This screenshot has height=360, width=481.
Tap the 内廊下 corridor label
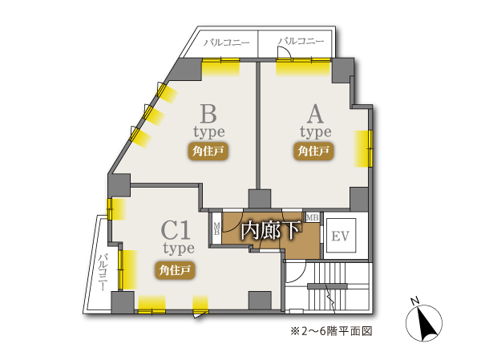point(270,231)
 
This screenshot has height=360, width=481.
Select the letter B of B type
point(209,111)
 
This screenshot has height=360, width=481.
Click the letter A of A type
point(315,111)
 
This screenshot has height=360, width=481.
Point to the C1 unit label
point(177,232)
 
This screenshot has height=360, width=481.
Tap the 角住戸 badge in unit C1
point(175,269)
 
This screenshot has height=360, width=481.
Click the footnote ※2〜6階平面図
point(331,331)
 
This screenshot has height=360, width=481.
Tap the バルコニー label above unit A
point(302,41)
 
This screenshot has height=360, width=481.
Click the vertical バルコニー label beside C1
point(103,273)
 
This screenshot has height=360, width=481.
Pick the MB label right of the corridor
point(312,217)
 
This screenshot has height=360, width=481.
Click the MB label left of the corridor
point(216,229)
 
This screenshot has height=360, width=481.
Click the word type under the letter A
point(315,131)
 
